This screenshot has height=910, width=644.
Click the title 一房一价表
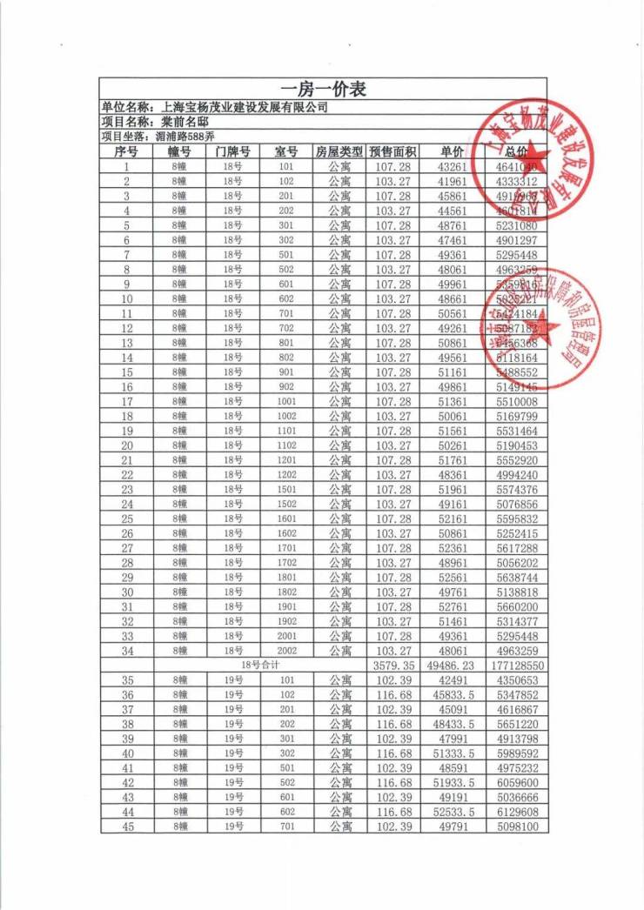coord(323,89)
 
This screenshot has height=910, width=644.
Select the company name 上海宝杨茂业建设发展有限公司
coord(245,107)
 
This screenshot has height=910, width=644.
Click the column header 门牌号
coord(233,151)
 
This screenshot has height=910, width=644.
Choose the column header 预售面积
coord(392,151)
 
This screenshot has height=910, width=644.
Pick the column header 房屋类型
coord(339,151)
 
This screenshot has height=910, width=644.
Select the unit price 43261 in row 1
coord(453,166)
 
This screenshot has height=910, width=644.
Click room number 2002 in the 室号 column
coord(286,651)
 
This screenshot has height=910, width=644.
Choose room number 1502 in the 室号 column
coord(286,504)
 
